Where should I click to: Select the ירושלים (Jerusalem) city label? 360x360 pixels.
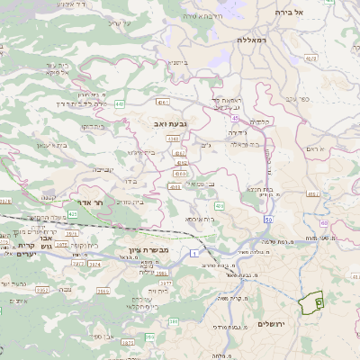(x=272, y=323)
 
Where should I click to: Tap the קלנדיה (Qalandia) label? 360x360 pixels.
(x=260, y=121)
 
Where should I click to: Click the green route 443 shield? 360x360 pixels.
(x=119, y=103)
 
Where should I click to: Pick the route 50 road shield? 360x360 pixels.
(x=268, y=220)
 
